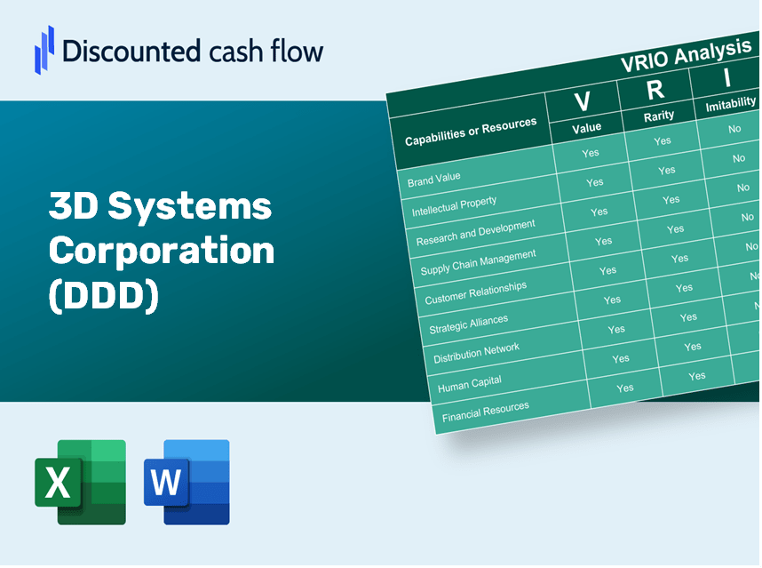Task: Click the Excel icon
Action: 80,482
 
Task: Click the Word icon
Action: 187,482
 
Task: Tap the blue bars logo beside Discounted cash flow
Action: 44,50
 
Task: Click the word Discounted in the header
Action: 131,51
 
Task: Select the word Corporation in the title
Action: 162,250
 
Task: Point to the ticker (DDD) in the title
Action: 104,295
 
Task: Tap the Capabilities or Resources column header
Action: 471,132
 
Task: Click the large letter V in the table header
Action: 583,101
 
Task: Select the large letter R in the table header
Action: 655,90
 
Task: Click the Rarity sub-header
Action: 659,116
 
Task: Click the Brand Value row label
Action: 433,179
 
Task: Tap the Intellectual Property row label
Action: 454,206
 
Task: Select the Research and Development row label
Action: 475,233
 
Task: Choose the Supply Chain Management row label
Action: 478,262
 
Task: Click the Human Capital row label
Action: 470,384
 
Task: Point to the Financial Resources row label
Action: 486,412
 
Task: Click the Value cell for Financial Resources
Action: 625,388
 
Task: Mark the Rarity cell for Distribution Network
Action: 693,347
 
